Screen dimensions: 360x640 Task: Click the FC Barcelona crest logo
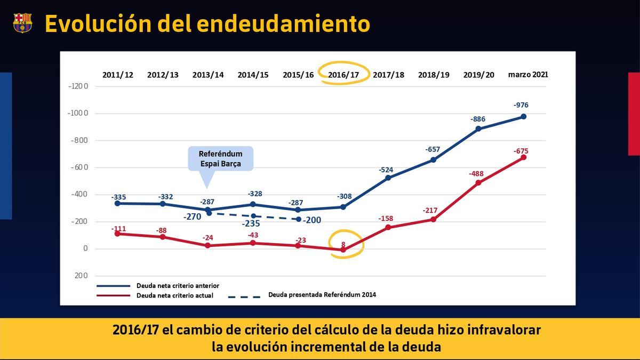click(x=22, y=23)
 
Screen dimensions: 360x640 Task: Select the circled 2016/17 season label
click(x=343, y=75)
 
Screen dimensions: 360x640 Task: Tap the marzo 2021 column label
click(x=527, y=74)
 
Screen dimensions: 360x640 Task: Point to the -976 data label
click(x=521, y=105)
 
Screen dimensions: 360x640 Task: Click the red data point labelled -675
click(x=523, y=157)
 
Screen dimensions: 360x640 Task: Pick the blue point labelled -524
click(x=388, y=178)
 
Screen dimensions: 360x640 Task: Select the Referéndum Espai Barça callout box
click(x=220, y=159)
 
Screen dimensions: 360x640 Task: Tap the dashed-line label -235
click(x=251, y=223)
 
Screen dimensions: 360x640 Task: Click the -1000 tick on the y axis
click(x=78, y=114)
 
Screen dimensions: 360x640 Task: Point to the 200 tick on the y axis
click(x=81, y=276)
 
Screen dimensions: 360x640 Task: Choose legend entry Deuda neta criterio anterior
click(x=178, y=286)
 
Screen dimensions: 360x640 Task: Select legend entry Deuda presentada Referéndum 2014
click(x=322, y=294)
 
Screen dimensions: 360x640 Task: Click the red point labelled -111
click(x=117, y=234)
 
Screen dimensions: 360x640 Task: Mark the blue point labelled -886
click(x=478, y=129)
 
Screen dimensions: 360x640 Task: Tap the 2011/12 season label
click(x=118, y=75)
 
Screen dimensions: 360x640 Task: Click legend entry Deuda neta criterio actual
click(x=174, y=295)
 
